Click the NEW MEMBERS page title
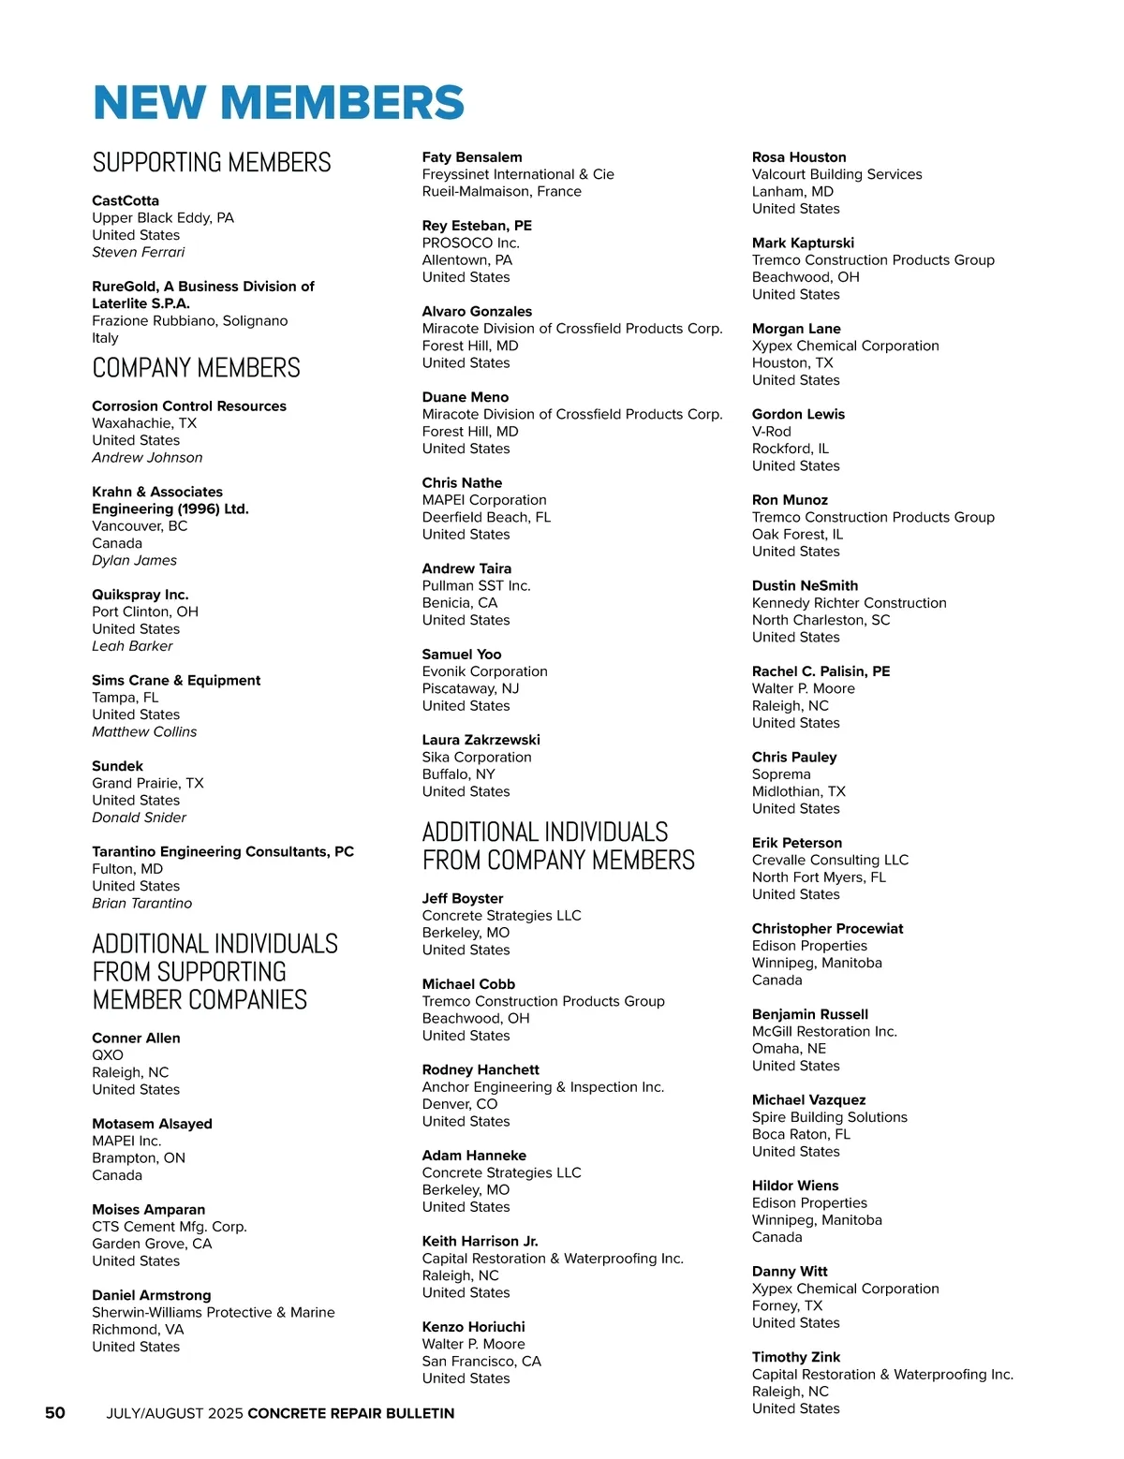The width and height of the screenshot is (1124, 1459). pos(278,103)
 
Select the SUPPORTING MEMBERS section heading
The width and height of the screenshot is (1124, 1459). pos(212,163)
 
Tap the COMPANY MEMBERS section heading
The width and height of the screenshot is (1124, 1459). pos(196,368)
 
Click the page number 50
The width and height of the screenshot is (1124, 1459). pos(55,1412)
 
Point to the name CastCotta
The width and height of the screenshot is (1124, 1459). pos(126,200)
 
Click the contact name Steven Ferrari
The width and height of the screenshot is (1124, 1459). pos(139,252)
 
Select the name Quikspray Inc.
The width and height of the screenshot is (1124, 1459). pos(140,595)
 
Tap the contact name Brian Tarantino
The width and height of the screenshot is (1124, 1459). pos(142,903)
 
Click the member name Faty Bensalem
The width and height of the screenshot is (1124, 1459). pos(472,157)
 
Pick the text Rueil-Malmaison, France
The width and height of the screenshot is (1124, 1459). pos(502,191)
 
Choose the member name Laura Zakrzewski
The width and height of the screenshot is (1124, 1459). pos(481,740)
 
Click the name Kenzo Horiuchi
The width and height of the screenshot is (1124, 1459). pos(474,1327)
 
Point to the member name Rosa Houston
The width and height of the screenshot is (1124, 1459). pos(799,157)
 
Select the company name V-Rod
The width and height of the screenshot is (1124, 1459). pos(772,432)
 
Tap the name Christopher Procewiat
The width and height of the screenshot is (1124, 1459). pos(828,928)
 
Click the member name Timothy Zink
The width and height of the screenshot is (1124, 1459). pos(796,1357)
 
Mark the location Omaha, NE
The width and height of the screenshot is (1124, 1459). pos(790,1049)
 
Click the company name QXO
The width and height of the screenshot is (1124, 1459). pos(108,1055)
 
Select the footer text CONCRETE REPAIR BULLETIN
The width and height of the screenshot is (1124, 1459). pos(351,1413)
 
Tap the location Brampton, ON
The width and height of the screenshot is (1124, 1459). pos(139,1158)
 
